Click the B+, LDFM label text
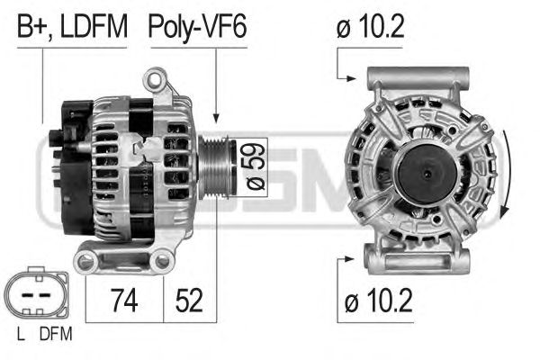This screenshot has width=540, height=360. (x=72, y=27)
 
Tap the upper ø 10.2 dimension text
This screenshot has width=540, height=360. (x=370, y=26)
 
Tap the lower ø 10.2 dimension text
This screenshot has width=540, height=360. (x=378, y=301)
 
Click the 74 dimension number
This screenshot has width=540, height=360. (x=124, y=301)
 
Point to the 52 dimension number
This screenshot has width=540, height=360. (x=189, y=301)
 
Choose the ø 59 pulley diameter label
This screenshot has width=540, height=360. (x=254, y=167)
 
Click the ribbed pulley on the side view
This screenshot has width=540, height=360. (x=216, y=167)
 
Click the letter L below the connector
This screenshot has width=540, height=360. (x=21, y=334)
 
